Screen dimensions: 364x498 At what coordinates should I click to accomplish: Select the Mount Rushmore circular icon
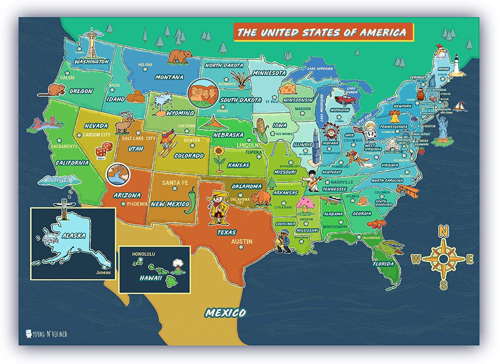click(203, 93)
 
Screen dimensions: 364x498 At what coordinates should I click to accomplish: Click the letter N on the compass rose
click(444, 231)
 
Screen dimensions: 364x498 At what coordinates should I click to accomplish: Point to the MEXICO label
click(226, 313)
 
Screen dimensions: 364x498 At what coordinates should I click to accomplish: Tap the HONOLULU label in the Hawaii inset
click(143, 254)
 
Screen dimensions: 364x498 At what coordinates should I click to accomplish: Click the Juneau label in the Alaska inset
click(103, 273)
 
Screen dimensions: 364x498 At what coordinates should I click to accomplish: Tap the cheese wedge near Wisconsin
click(288, 89)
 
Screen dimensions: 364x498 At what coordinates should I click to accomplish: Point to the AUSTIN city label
click(242, 242)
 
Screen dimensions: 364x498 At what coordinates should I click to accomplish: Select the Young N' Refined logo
click(46, 334)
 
